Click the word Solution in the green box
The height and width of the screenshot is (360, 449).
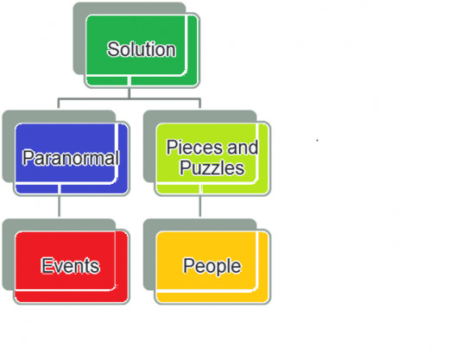tap(142, 49)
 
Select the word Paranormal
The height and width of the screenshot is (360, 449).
tap(71, 158)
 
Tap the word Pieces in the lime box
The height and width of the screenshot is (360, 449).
tap(194, 148)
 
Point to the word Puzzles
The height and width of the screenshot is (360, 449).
tap(212, 167)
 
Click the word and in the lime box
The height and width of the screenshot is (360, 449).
tap(243, 148)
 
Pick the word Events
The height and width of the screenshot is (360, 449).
tap(70, 265)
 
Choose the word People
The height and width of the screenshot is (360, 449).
tap(212, 266)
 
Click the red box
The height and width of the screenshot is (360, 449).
tap(72, 267)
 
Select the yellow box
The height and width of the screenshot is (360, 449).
tap(212, 267)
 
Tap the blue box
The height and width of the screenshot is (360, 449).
tap(72, 159)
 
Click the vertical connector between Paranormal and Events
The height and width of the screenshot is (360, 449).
tap(59, 206)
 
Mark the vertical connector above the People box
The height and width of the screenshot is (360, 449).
tap(200, 206)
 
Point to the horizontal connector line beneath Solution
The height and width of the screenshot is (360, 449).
tap(130, 99)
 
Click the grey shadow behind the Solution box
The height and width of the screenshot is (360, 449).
tap(79, 37)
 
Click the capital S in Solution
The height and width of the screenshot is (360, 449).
tap(112, 49)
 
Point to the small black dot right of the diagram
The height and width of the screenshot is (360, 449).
tap(317, 141)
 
